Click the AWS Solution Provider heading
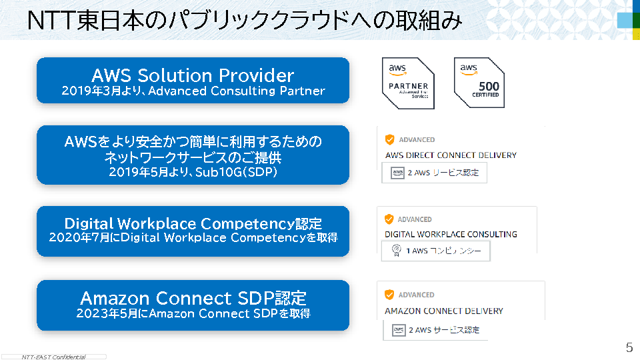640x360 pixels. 193,75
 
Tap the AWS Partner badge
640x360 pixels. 408,83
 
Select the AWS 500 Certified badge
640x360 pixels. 479,83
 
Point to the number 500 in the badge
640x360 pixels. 489,86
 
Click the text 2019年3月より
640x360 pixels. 100,91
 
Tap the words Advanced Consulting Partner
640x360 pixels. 237,91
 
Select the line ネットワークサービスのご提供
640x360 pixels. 193,158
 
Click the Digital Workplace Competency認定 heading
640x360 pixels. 193,223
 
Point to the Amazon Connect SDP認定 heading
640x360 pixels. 193,297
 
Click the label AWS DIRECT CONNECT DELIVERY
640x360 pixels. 451,155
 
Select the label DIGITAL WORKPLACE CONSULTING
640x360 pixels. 451,234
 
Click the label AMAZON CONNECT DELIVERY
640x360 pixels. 444,311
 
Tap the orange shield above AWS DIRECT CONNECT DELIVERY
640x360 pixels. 390,139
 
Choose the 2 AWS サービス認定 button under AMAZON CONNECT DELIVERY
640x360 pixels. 436,329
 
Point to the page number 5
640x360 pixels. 629,347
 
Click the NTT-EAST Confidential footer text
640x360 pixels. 53,357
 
